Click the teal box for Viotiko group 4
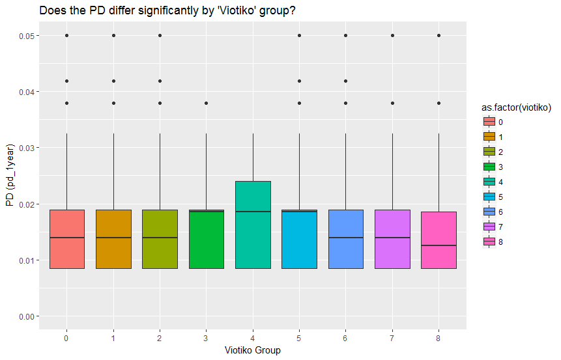point(253,225)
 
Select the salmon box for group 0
point(66,239)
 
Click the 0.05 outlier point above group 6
point(346,35)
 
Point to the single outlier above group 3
point(207,103)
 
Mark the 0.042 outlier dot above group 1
point(113,81)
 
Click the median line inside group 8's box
point(439,245)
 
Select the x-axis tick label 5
point(299,339)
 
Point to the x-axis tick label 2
point(160,339)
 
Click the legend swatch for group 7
point(489,227)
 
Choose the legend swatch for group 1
point(489,137)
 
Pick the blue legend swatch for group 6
point(489,212)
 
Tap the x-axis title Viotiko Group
point(253,350)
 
